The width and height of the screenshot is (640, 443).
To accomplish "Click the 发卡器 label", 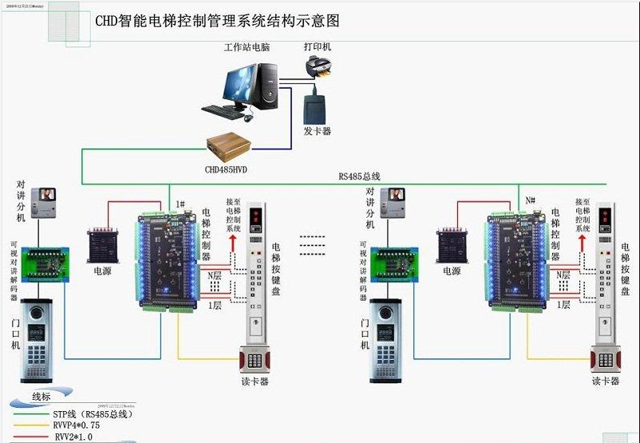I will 317,130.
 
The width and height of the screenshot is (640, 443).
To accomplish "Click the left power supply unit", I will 103,244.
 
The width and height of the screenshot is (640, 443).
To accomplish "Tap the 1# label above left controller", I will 180,205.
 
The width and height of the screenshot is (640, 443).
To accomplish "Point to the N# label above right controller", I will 530,199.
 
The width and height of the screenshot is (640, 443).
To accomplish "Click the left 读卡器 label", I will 255,382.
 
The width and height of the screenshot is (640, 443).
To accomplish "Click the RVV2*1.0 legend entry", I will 73,437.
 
